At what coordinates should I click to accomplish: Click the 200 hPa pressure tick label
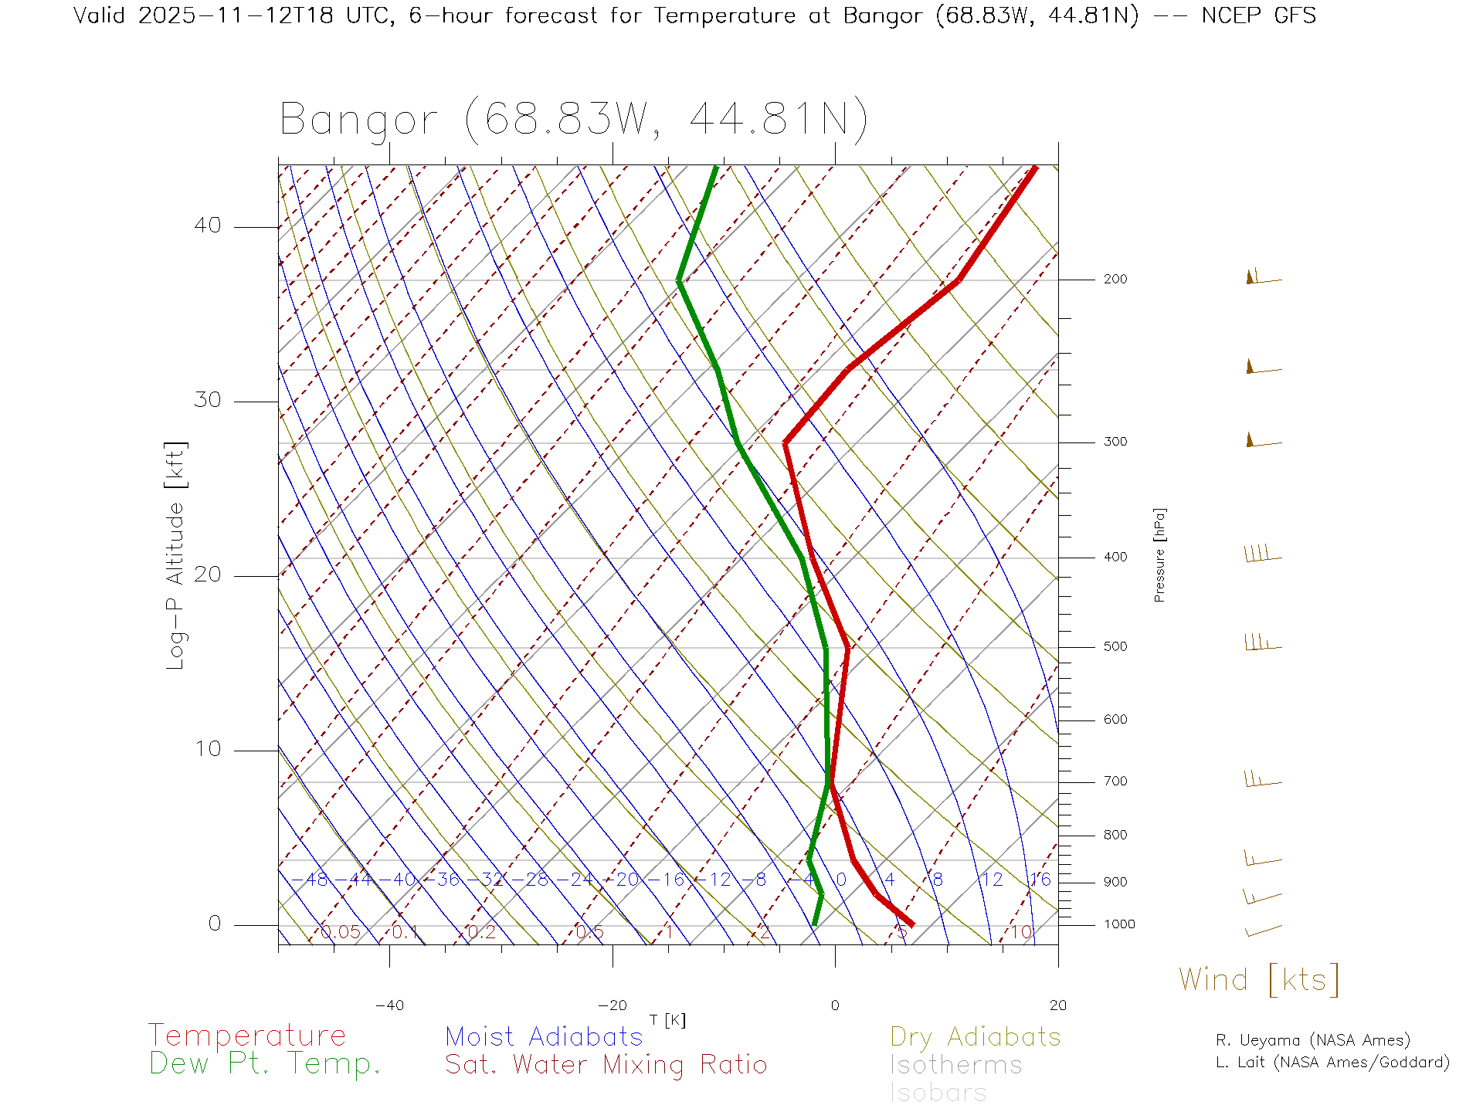(x=1115, y=280)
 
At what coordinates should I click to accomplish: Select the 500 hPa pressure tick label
(x=1115, y=647)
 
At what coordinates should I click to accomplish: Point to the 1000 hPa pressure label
(x=1118, y=925)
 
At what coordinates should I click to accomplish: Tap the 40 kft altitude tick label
(x=207, y=225)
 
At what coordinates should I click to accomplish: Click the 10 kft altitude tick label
(x=207, y=749)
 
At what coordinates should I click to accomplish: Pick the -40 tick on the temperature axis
(x=389, y=1005)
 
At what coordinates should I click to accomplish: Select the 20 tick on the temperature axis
(x=1057, y=1005)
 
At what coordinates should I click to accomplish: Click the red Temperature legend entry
(x=247, y=1036)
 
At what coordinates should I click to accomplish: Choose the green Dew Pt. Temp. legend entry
(x=265, y=1064)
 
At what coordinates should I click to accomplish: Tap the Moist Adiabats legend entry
(x=544, y=1037)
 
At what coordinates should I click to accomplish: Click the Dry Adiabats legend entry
(x=976, y=1037)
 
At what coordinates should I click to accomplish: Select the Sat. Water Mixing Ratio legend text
(x=606, y=1065)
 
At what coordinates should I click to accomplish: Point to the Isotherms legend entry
(x=955, y=1066)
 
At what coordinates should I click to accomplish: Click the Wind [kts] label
(x=1259, y=980)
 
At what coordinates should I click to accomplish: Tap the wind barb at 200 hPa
(x=1263, y=278)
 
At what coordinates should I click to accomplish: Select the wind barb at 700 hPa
(x=1262, y=780)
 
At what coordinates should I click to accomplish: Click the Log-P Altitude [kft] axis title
(x=176, y=556)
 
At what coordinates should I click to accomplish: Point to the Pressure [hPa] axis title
(x=1159, y=554)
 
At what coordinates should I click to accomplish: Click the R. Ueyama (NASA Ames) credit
(x=1313, y=1041)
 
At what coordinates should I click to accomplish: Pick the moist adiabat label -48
(x=314, y=880)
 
